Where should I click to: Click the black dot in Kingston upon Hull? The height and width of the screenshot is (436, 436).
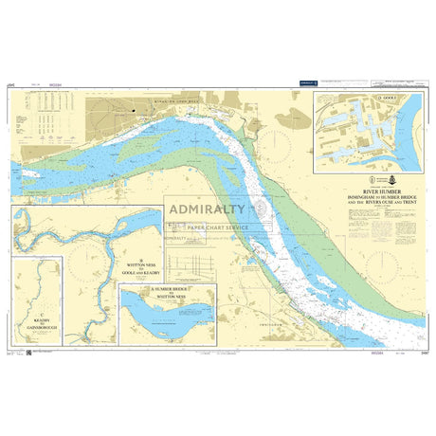coord(134,112)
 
